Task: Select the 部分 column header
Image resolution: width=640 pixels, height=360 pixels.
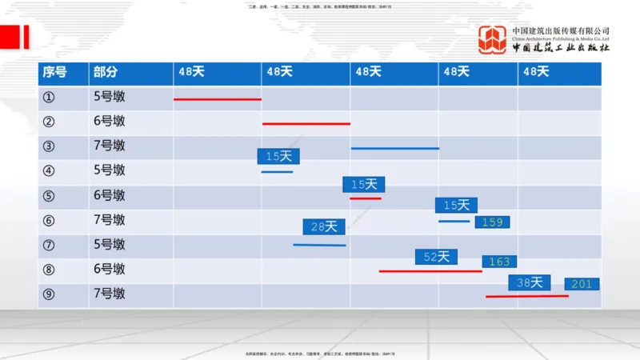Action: coord(105,72)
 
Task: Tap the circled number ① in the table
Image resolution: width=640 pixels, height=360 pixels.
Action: coord(49,98)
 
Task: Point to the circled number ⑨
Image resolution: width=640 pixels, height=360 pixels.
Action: coord(49,294)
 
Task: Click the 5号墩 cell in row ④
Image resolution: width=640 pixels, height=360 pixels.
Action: coord(109,170)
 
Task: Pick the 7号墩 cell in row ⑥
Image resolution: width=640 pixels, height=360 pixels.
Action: coord(109,220)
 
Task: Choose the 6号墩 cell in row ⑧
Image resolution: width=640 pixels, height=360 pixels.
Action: coord(109,270)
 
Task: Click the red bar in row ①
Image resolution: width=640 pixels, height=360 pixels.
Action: coord(218,99)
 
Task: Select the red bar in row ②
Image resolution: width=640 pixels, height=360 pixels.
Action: coord(306,124)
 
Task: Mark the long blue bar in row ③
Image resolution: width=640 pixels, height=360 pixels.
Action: coord(395,148)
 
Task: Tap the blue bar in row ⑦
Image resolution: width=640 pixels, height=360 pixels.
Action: coord(319,245)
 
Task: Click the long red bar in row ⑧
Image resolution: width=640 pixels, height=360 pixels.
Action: coord(430,271)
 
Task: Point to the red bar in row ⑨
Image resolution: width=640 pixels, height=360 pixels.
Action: coord(526,296)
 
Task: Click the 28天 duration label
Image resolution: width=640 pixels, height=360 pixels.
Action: coord(324,227)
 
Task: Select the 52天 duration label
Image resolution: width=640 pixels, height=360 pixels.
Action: coord(436,257)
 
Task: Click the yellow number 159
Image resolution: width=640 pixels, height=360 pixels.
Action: coord(492,222)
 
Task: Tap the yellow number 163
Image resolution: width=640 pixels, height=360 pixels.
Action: coord(499,262)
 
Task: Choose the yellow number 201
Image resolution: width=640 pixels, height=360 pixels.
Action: coord(582,284)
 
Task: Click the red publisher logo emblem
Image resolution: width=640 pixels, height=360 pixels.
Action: coord(493,40)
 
